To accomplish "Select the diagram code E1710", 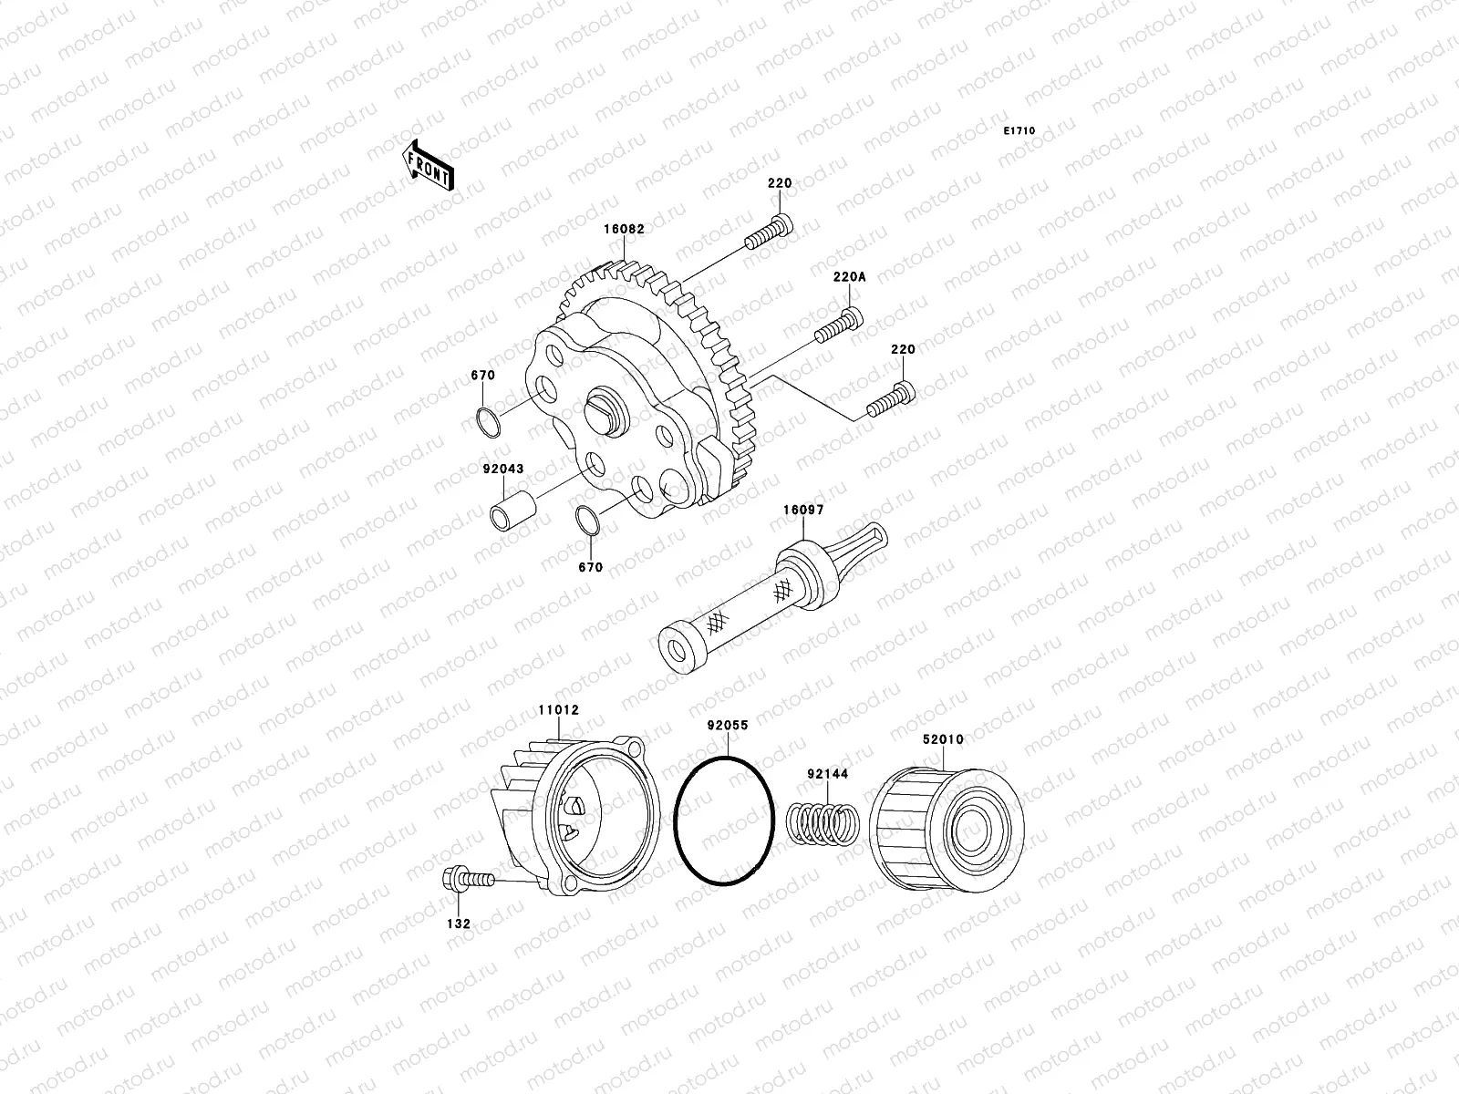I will [1019, 131].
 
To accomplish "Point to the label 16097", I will [803, 510].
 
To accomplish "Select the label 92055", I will [728, 726].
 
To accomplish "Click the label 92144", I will [827, 774].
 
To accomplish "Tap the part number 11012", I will [558, 709].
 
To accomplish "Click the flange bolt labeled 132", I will [465, 880].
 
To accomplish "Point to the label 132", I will [460, 924].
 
